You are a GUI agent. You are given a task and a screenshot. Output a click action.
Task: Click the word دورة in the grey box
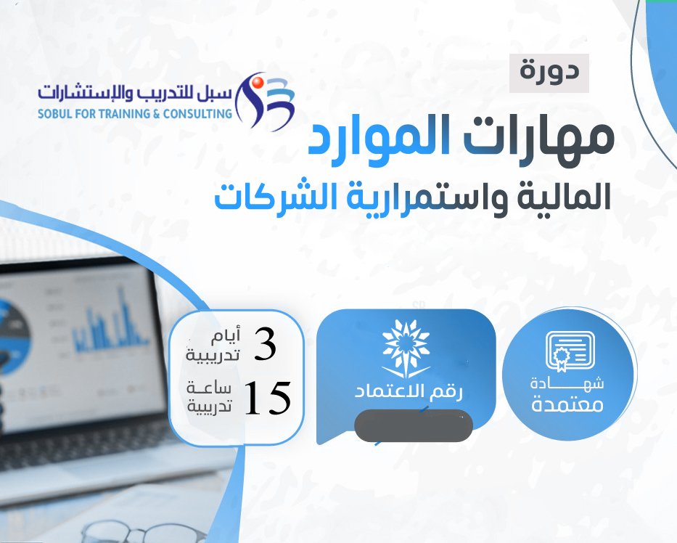point(549,71)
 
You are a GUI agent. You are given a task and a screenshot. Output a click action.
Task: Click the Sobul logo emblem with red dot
point(265,101)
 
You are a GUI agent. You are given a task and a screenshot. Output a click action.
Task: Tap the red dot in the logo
point(258,81)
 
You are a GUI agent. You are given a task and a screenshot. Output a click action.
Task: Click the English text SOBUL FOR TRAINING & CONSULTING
point(135,114)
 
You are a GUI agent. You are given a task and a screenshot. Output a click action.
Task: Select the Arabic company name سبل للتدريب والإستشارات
point(135,92)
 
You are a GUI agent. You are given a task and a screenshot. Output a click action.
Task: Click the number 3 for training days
point(264,344)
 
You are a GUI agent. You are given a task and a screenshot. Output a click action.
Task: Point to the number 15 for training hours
point(267,397)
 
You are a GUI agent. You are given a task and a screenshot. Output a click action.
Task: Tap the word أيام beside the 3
point(225,337)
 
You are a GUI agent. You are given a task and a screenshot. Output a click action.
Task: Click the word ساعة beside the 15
point(209,388)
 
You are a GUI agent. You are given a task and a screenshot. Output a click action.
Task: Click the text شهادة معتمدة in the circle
point(567,395)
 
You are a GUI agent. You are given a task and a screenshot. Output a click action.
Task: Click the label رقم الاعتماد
point(409,392)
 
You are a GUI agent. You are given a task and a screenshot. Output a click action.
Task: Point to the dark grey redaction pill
point(413,426)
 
